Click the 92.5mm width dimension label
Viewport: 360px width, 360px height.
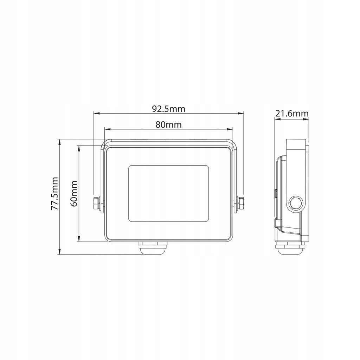(169, 109)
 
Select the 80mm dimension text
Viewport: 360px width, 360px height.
(168, 124)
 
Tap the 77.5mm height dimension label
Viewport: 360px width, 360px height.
(54, 194)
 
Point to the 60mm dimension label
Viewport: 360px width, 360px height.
(74, 194)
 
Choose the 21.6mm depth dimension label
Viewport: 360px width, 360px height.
(292, 114)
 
